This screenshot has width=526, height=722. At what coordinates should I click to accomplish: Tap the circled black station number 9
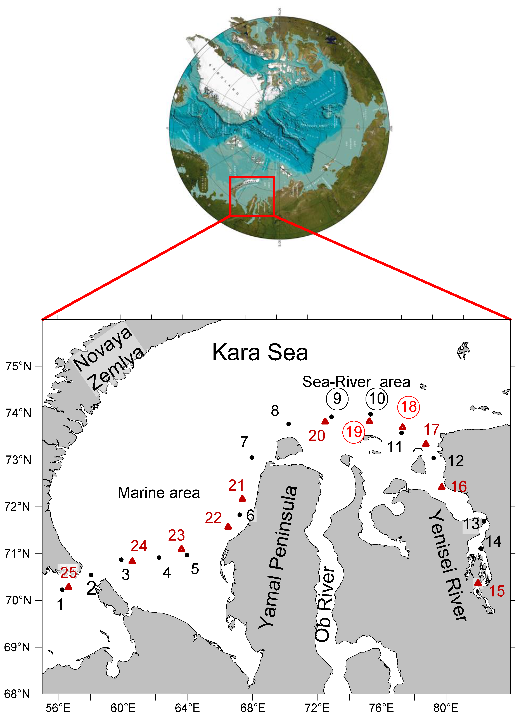pos(337,399)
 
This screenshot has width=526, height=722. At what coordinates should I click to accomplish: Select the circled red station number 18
pos(409,407)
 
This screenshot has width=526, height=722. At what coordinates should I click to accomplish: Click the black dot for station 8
pos(289,424)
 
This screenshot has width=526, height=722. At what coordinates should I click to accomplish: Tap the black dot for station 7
pos(252,457)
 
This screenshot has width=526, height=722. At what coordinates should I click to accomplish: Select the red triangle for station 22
pos(228,527)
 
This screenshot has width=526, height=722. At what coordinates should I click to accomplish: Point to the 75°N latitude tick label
pos(18,366)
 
